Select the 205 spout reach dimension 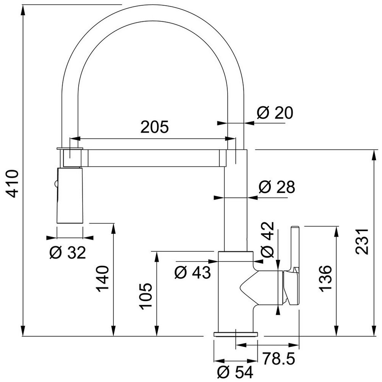click(154, 127)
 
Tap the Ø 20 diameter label click(275, 113)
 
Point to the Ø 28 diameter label click(277, 187)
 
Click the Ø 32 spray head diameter click(68, 253)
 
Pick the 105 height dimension click(146, 296)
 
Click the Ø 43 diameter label click(193, 272)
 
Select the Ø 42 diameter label click(267, 240)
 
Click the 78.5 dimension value click(278, 358)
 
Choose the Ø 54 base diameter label click(235, 372)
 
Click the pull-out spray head click(70, 195)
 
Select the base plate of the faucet click(236, 334)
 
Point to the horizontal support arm click(154, 159)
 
